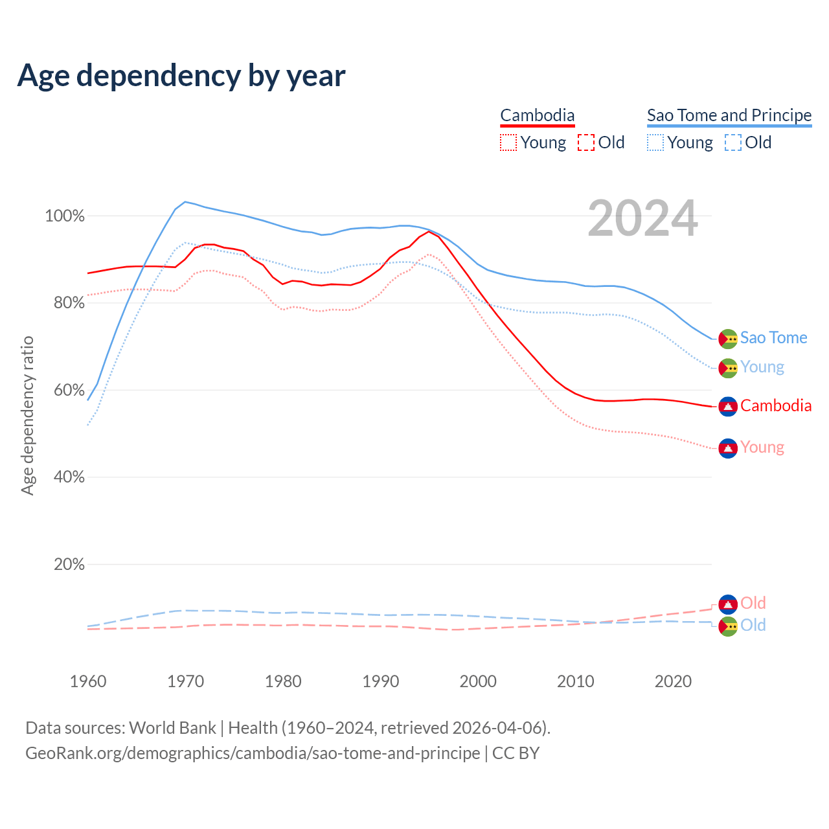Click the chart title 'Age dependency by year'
point(181,76)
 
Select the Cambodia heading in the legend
point(538,115)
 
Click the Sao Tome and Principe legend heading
point(729,115)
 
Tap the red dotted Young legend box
point(508,142)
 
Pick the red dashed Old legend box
point(586,142)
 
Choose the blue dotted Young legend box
point(655,142)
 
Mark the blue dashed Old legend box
point(733,142)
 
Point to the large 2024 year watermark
point(642,219)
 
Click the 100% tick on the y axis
point(65,216)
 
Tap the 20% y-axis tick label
point(69,565)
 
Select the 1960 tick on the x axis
point(88,681)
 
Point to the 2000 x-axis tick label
point(478,681)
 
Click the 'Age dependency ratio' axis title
point(27,415)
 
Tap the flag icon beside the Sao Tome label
point(728,339)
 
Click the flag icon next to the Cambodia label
point(728,407)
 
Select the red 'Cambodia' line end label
point(776,406)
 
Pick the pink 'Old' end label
point(753,604)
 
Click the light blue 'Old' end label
point(753,626)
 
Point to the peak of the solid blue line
point(185,202)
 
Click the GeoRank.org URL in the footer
point(253,753)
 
